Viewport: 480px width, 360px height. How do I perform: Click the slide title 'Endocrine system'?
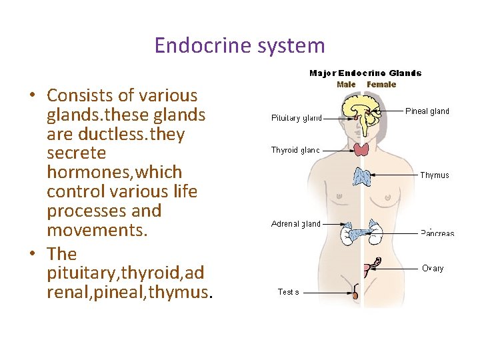239,45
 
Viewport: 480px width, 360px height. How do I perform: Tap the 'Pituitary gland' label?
296,119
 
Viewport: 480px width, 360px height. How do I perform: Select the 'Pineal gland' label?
427,111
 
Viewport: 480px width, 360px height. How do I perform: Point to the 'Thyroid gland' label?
295,151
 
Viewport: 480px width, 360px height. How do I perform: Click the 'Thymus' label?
435,175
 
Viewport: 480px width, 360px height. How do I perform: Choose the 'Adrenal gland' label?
296,224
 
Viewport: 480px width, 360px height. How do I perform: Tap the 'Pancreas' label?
437,233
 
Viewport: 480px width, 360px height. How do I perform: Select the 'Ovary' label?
433,268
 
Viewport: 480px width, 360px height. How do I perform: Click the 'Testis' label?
288,292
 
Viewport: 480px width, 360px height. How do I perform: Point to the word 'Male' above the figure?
346,85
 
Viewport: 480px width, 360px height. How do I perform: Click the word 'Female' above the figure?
381,85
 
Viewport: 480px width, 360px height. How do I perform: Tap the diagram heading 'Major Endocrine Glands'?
365,73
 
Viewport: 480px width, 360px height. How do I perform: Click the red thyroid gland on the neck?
361,149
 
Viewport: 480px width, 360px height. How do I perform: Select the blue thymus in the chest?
362,177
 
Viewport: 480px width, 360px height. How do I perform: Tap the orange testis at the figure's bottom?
355,294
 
